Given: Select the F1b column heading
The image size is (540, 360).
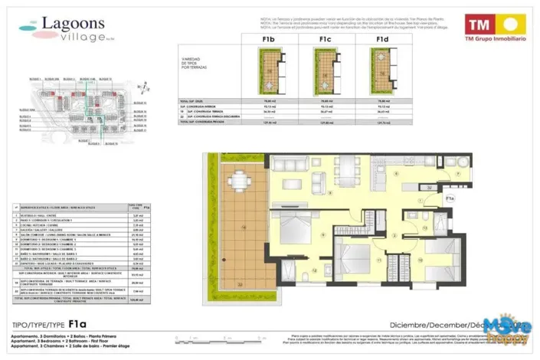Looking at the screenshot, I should (269, 38).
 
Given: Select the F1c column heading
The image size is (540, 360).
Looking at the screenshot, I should (325, 38).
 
